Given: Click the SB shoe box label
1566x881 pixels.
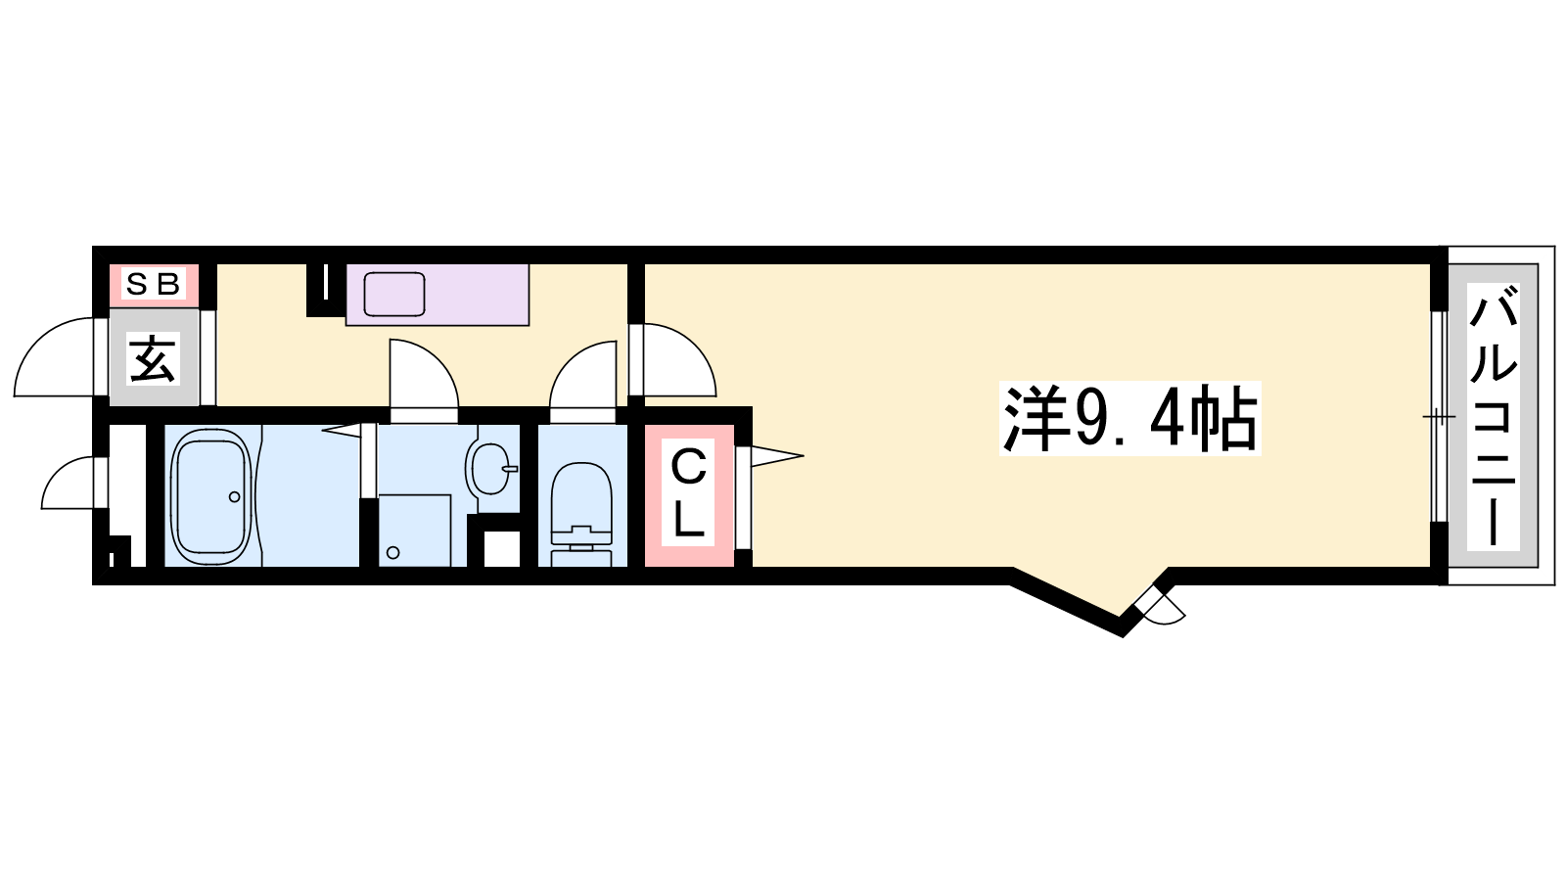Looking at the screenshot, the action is (153, 284).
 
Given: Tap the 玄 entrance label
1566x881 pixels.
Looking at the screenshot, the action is (153, 358).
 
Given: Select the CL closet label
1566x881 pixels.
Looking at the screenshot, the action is (688, 492).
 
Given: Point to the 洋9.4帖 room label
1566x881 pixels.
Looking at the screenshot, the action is (1129, 418).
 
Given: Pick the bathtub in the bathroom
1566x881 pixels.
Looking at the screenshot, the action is (212, 496).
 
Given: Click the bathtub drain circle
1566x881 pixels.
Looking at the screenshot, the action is (234, 497).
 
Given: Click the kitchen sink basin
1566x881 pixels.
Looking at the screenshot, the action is (394, 294).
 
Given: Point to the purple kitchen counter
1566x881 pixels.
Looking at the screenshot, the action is (438, 295).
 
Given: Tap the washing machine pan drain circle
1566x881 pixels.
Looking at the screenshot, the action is (392, 552).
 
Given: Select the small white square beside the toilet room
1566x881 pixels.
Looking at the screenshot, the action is (502, 549).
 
